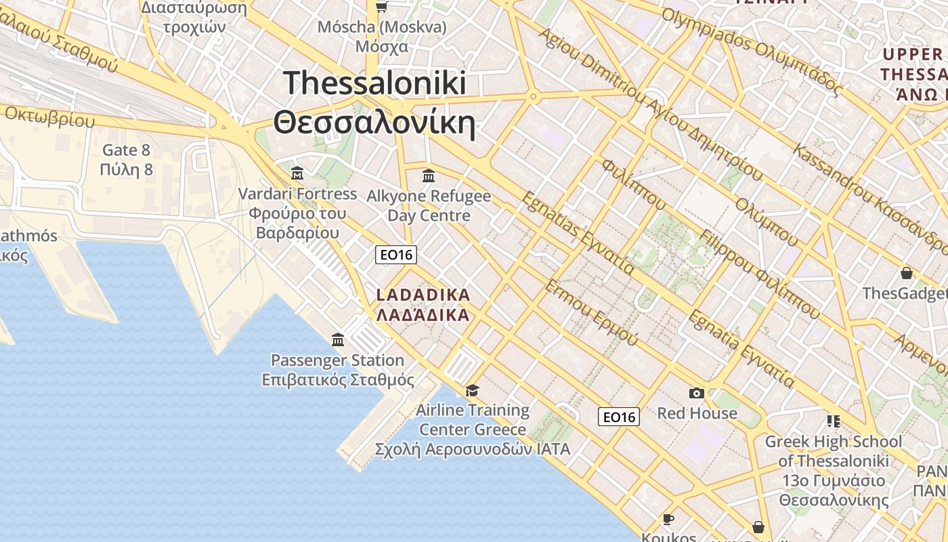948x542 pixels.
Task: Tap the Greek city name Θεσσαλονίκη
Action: click(x=374, y=123)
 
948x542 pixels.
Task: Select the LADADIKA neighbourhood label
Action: click(x=423, y=295)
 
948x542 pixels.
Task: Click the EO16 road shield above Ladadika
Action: click(x=396, y=255)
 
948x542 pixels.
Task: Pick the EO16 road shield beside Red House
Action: click(x=619, y=417)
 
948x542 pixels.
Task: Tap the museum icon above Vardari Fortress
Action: click(x=297, y=173)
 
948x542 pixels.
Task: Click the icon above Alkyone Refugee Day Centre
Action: click(x=429, y=176)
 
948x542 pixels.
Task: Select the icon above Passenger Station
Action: click(x=338, y=339)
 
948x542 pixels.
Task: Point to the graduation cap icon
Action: click(x=472, y=390)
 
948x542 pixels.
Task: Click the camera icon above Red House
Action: click(x=696, y=393)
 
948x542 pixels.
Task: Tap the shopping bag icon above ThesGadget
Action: click(x=906, y=273)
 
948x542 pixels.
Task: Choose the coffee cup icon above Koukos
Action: click(x=668, y=520)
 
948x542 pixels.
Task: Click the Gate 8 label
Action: click(x=126, y=150)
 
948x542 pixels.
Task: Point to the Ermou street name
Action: click(x=591, y=312)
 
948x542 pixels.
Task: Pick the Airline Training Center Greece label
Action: click(x=473, y=420)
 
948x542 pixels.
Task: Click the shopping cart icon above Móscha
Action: click(x=381, y=7)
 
